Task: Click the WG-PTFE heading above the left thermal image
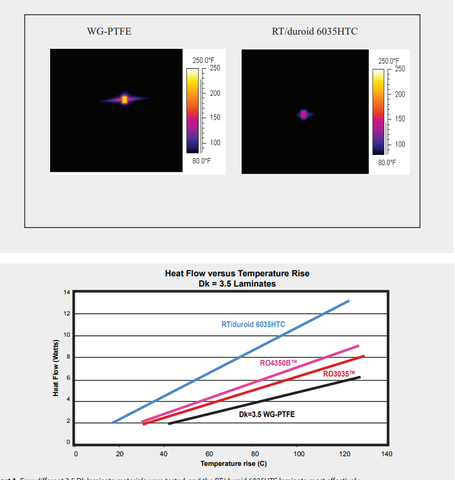coord(109,31)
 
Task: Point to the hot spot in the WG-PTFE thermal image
coord(125,99)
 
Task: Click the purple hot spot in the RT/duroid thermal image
coord(304,114)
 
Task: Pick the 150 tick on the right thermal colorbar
coord(400,119)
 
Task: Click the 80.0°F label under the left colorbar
coord(202,160)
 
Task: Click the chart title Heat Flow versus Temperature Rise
coord(237,273)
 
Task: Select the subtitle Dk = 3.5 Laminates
coord(237,283)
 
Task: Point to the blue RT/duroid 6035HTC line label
coord(253,324)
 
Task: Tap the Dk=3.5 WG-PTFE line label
coord(267,414)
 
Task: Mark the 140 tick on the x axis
coord(387,454)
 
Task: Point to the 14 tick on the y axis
coord(66,292)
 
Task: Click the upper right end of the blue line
coord(349,300)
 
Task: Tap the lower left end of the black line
coord(169,424)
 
